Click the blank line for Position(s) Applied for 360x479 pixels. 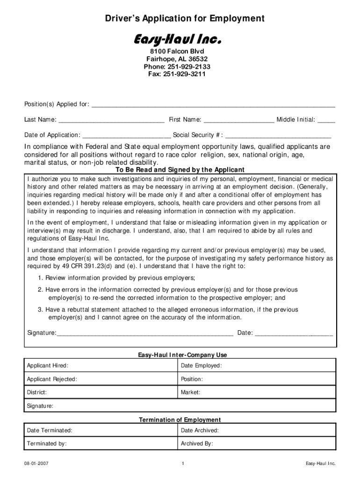(x=213, y=105)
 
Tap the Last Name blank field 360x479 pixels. (x=111, y=120)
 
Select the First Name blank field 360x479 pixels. (x=239, y=120)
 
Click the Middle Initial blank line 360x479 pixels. (x=326, y=120)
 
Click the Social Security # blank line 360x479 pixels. (x=278, y=136)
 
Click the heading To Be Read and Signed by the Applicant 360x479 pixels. (x=180, y=170)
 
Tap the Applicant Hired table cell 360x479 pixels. (x=101, y=365)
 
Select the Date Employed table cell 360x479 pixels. (x=257, y=365)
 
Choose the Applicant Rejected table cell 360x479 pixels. (x=101, y=379)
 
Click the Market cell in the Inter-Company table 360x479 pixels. (x=257, y=392)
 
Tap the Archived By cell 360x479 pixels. (x=257, y=443)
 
